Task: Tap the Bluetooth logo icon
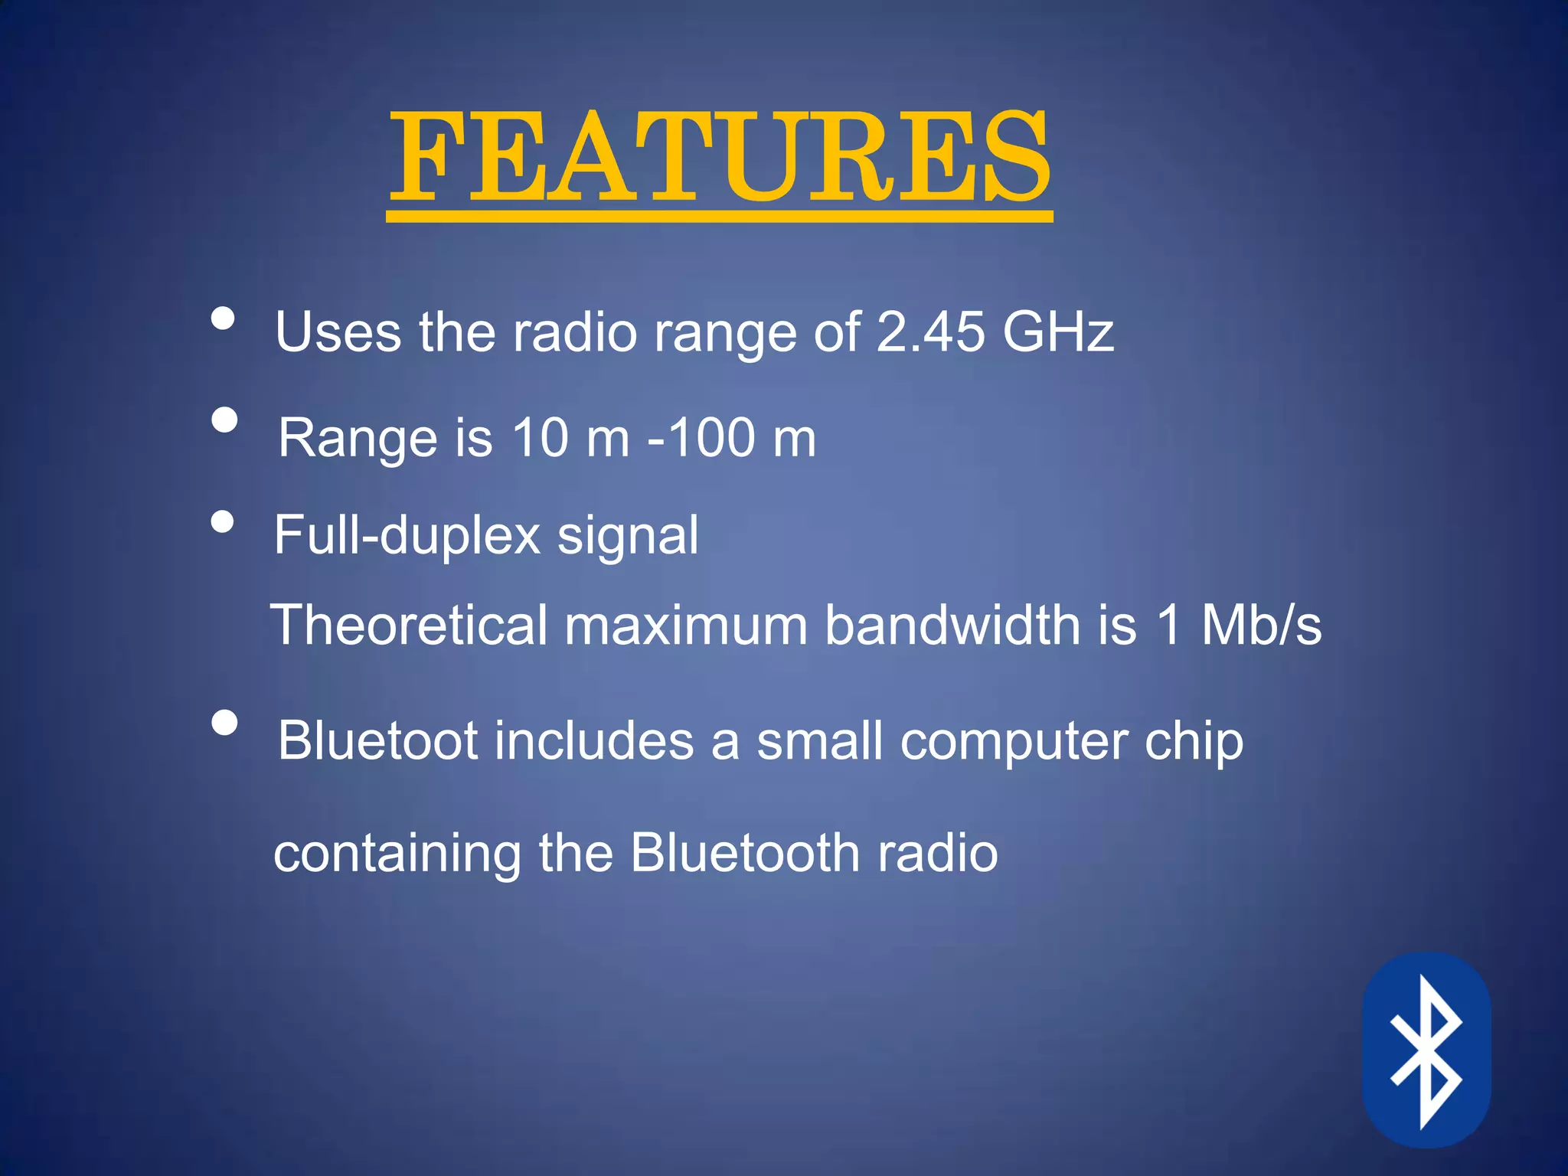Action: [x=1426, y=1051]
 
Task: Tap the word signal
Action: [x=628, y=535]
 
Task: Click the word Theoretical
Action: [x=410, y=625]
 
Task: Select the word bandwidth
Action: [x=953, y=625]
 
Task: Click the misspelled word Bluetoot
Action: [x=378, y=740]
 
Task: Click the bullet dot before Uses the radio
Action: [x=223, y=318]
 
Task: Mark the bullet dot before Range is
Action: [x=224, y=420]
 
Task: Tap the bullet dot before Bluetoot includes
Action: [x=224, y=722]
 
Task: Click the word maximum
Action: [x=686, y=625]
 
